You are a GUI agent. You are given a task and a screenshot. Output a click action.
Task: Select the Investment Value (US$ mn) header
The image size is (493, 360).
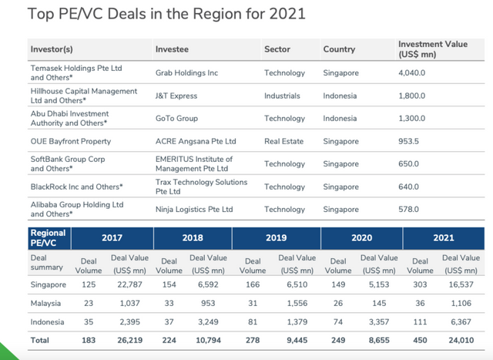[432, 49]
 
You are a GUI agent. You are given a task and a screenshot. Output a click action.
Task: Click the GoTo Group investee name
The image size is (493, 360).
[176, 119]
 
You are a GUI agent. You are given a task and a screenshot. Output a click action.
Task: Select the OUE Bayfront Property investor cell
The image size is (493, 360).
[70, 141]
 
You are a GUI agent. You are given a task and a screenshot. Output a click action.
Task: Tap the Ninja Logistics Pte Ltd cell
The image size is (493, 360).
[194, 209]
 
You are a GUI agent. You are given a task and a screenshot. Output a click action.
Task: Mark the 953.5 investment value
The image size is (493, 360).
[409, 141]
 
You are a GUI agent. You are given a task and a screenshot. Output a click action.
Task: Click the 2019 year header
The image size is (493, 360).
[277, 238]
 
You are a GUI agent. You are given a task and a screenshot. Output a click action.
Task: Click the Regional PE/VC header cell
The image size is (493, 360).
[48, 238]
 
